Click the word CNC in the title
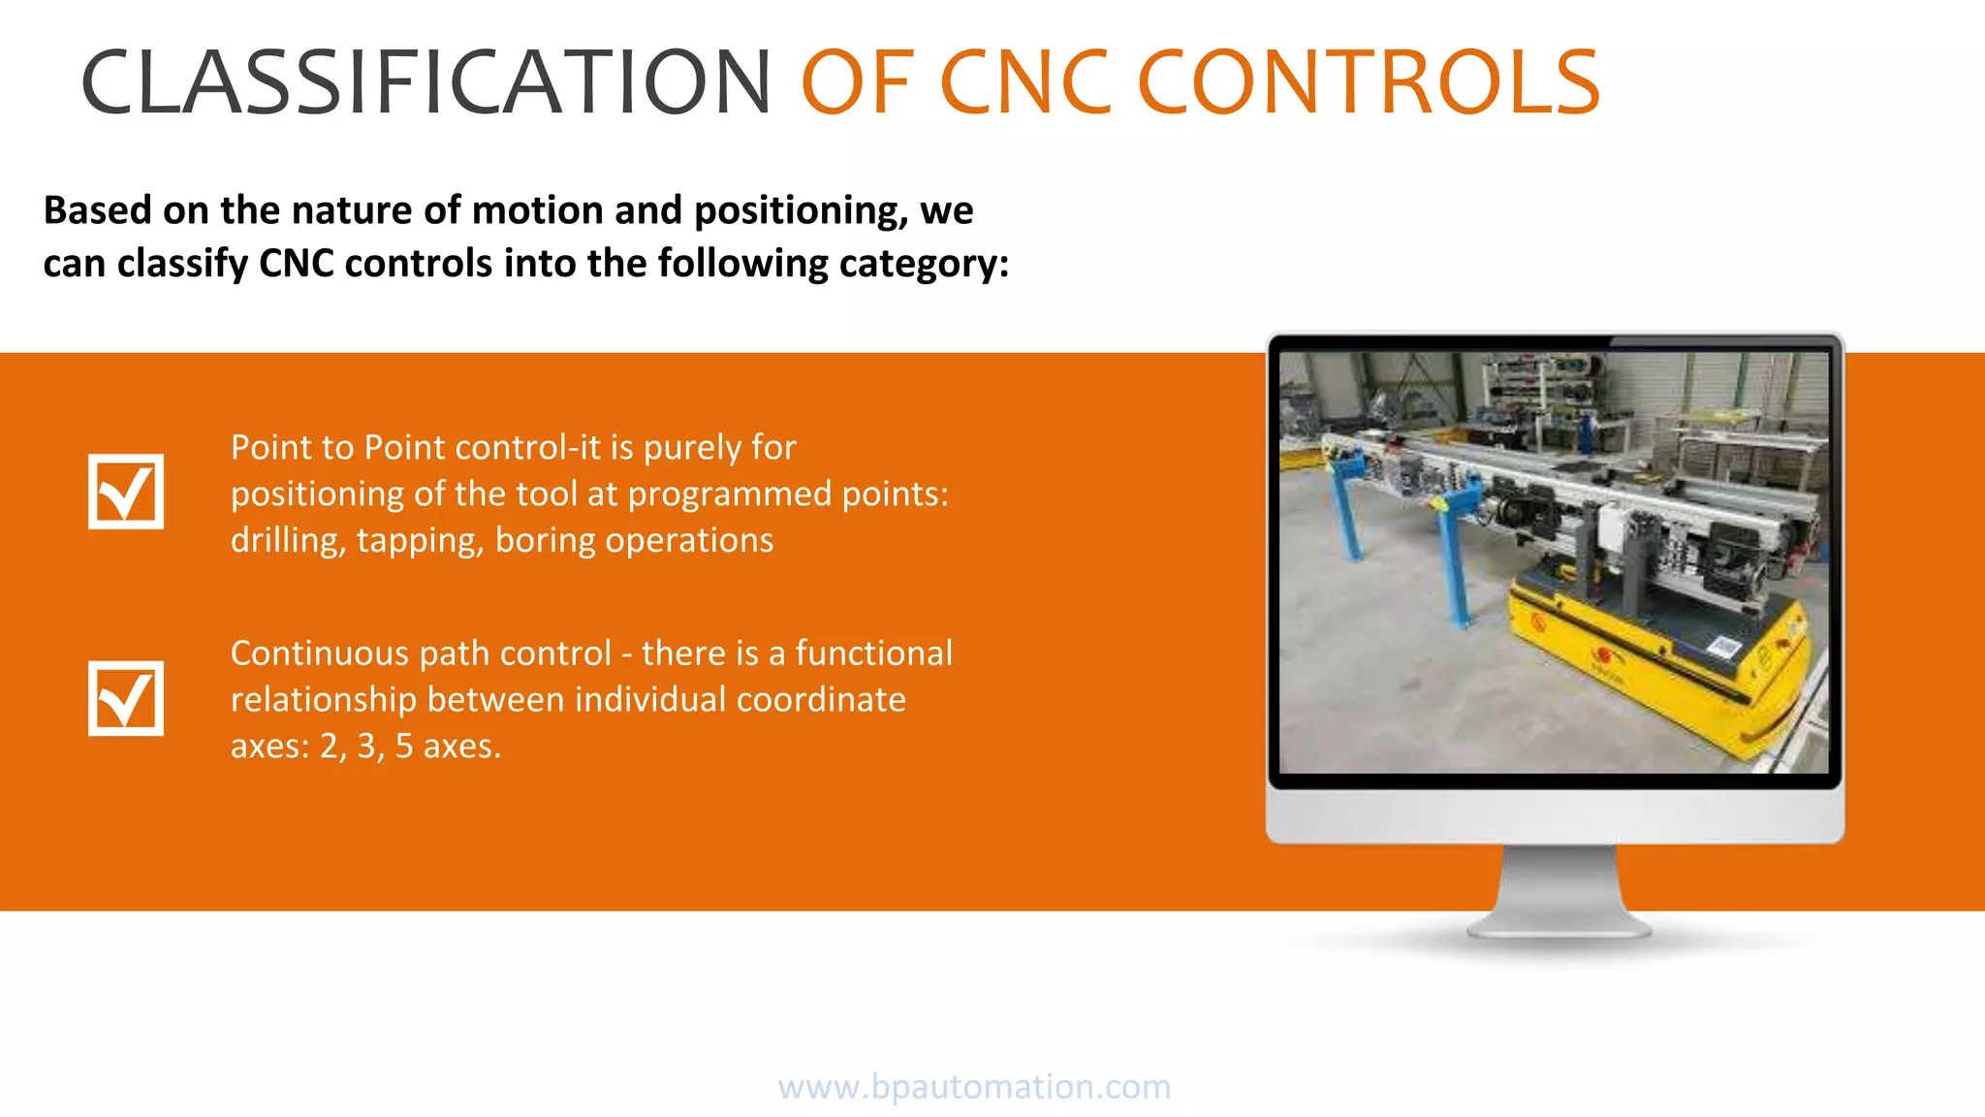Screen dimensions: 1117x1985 pyautogui.click(x=1024, y=82)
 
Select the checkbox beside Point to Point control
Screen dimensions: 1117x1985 pyautogui.click(x=126, y=492)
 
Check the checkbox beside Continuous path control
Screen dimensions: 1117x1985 pyautogui.click(x=126, y=698)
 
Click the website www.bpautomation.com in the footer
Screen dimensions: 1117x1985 pyautogui.click(x=974, y=1086)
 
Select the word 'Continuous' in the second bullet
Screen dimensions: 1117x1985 pyautogui.click(x=324, y=654)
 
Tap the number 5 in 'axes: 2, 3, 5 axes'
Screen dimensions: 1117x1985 pyautogui.click(x=404, y=746)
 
